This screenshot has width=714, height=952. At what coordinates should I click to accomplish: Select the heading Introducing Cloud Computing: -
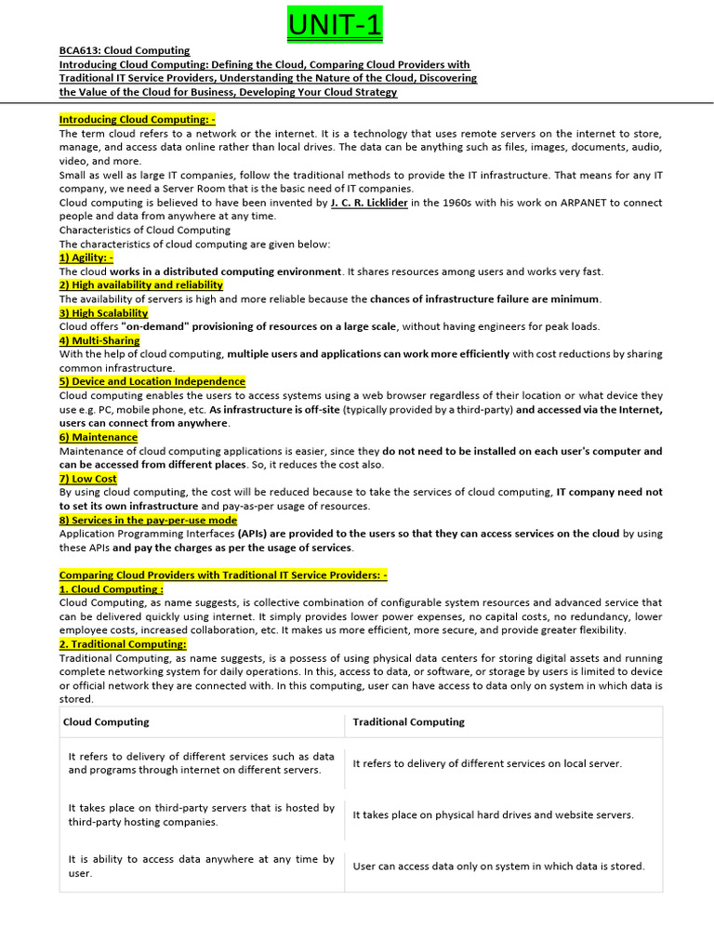click(138, 119)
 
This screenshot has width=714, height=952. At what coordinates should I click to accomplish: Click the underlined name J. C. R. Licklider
click(369, 203)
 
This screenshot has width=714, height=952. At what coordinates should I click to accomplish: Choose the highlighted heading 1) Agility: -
click(86, 258)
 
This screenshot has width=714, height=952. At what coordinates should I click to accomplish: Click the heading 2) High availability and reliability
click(141, 284)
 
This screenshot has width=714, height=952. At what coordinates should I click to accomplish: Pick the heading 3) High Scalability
click(104, 312)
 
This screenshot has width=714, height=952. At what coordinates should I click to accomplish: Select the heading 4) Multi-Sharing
click(99, 340)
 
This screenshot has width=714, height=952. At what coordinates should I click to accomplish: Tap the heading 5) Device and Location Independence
click(152, 381)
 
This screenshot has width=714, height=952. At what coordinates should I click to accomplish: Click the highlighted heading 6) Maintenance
click(99, 437)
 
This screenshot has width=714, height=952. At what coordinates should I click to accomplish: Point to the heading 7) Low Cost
click(88, 479)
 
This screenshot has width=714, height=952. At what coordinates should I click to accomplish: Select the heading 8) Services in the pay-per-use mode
click(148, 520)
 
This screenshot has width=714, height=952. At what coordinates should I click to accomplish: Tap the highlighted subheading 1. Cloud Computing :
click(112, 588)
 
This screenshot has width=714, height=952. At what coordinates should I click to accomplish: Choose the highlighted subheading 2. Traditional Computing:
click(123, 643)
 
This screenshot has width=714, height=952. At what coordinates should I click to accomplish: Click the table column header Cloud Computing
click(106, 721)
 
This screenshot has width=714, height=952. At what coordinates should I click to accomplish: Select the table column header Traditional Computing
click(409, 721)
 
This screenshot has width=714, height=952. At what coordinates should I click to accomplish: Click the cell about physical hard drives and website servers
click(493, 814)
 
